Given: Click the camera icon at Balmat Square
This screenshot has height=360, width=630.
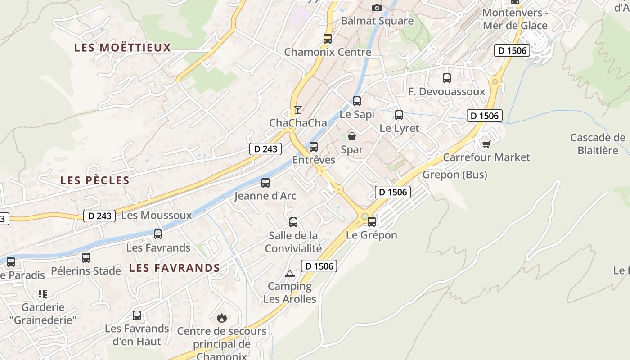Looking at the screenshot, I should point(377,8).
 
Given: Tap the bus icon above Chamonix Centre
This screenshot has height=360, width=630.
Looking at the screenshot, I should point(328,39).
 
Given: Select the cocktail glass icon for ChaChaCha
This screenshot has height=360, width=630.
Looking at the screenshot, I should point(297,109).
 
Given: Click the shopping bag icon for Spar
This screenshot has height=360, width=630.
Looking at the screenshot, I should point(352,136).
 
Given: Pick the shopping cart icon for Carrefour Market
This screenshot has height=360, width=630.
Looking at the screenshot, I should point(486,144).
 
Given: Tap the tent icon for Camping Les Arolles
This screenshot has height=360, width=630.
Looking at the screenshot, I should point(290,273).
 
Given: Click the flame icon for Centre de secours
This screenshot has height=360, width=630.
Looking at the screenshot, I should point(221,318).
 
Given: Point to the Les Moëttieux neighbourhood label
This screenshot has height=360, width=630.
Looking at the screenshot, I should point(123,48).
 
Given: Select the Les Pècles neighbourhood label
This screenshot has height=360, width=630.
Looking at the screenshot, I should point(95,180).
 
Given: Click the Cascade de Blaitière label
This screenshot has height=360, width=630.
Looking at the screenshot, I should point(598,144).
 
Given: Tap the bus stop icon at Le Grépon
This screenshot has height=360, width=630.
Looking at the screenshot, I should point(372,221).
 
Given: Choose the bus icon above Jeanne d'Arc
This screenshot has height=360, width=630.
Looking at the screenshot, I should point(265,183).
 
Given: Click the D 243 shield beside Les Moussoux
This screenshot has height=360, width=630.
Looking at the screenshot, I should point(99,216).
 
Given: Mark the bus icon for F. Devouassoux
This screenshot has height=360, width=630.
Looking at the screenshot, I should point(447,78).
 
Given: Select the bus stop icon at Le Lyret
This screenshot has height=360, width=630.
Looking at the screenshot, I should point(399,115).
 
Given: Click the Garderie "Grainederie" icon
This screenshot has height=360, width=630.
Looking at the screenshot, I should point(43,294).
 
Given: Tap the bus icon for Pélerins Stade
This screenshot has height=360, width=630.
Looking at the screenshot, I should point(86,258).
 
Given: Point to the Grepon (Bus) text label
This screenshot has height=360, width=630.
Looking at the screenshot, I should point(454,175).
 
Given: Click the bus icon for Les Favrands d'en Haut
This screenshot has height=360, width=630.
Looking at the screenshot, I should point(137,315).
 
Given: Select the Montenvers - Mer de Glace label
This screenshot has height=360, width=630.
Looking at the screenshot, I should point(515,19).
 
